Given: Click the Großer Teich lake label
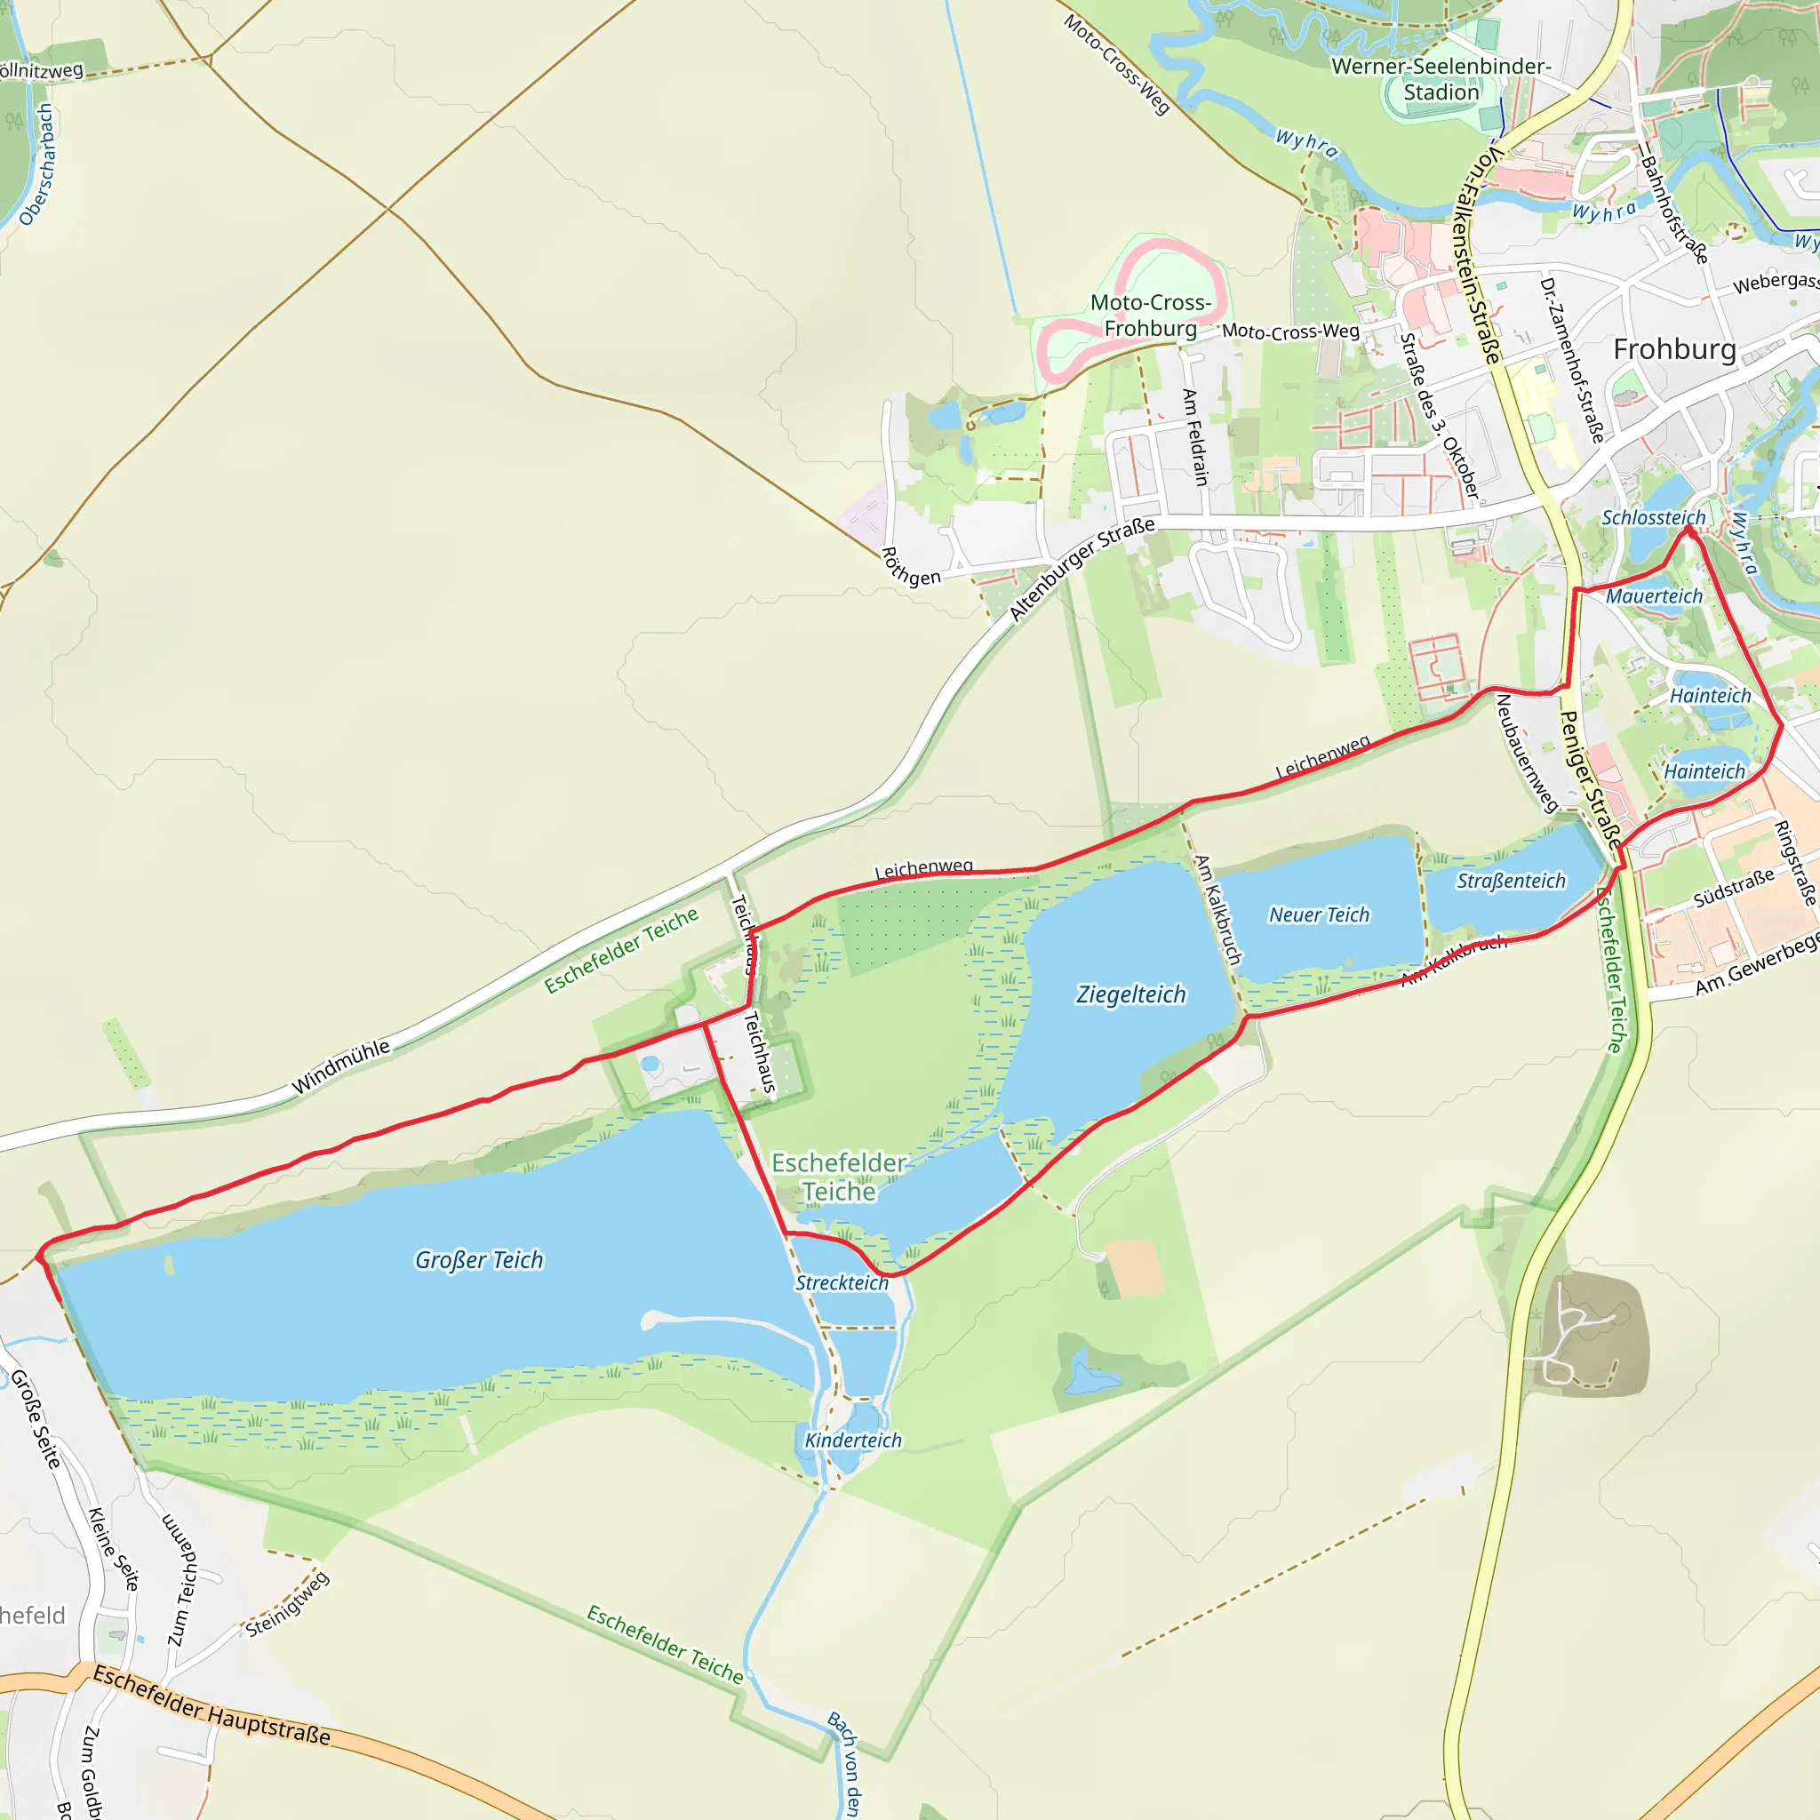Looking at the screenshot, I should tap(479, 1260).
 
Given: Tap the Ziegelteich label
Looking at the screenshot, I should tap(1130, 994).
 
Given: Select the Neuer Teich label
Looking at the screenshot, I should tap(1319, 914).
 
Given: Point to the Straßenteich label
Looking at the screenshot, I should tap(1511, 881).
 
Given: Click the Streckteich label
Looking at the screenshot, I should tap(842, 1283).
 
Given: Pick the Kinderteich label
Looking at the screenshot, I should tap(852, 1441).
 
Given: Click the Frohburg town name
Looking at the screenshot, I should tap(1674, 349).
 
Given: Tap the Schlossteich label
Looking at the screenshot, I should tap(1653, 518).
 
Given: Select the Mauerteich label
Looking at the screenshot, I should tap(1654, 596).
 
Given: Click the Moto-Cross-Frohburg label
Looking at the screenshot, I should tap(1150, 315).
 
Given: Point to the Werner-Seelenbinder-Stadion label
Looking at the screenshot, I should tap(1441, 79).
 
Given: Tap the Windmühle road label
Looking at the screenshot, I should tap(340, 1067).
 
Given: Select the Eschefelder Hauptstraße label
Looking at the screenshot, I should tap(212, 1706).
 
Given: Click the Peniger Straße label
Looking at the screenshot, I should tap(1591, 780).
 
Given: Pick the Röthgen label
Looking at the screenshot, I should tap(910, 567).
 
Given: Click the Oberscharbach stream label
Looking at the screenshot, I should tap(37, 166).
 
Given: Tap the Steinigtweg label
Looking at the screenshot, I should tap(287, 1603).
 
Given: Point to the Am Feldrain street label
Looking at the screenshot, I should tap(1194, 437).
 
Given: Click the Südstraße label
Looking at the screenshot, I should tap(1733, 888).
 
